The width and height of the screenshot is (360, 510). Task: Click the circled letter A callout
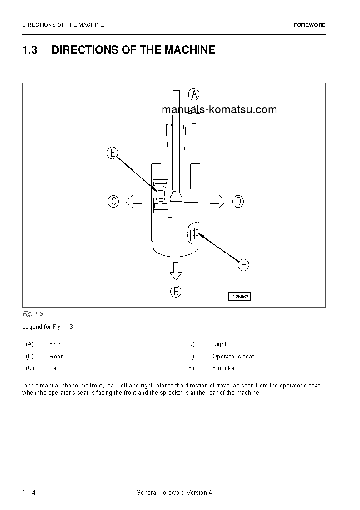(x=194, y=94)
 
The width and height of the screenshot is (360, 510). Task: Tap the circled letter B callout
(x=176, y=291)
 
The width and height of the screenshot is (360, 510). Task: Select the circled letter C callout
(x=113, y=201)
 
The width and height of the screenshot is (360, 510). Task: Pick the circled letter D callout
(x=238, y=201)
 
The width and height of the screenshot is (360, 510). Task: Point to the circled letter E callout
(x=113, y=153)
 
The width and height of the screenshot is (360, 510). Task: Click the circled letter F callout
(x=244, y=265)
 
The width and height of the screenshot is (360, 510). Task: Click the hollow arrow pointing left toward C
(x=133, y=201)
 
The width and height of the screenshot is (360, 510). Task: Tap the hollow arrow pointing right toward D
(x=218, y=201)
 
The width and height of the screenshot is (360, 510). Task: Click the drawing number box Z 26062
(x=239, y=297)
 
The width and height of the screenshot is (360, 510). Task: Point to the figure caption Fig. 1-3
(x=32, y=314)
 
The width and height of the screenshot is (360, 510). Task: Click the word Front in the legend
(x=57, y=344)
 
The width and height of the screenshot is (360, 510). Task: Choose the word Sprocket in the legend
(x=224, y=368)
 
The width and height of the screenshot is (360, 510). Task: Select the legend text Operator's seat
(x=233, y=357)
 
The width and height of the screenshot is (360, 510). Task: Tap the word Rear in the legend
(x=56, y=357)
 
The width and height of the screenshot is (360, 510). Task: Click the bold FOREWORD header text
(x=310, y=25)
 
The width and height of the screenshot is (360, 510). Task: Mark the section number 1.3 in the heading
(x=30, y=50)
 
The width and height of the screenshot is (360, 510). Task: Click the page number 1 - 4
(x=29, y=493)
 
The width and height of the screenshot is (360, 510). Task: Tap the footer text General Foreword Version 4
(x=174, y=493)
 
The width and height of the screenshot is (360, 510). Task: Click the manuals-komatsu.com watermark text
(x=219, y=109)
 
